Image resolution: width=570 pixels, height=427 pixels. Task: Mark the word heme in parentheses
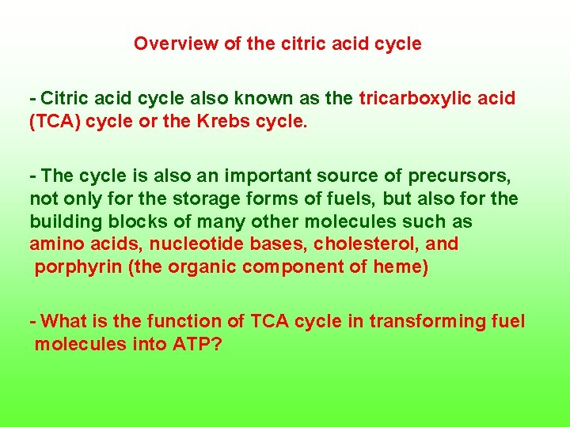pos(401,267)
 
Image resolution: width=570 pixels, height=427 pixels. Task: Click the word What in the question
pos(63,321)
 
